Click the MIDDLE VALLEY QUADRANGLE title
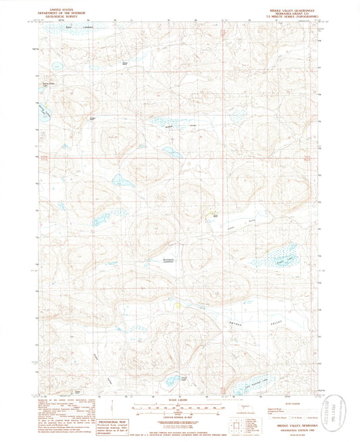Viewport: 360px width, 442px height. (x=285, y=5)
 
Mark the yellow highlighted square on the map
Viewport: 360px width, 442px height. (x=178, y=306)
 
